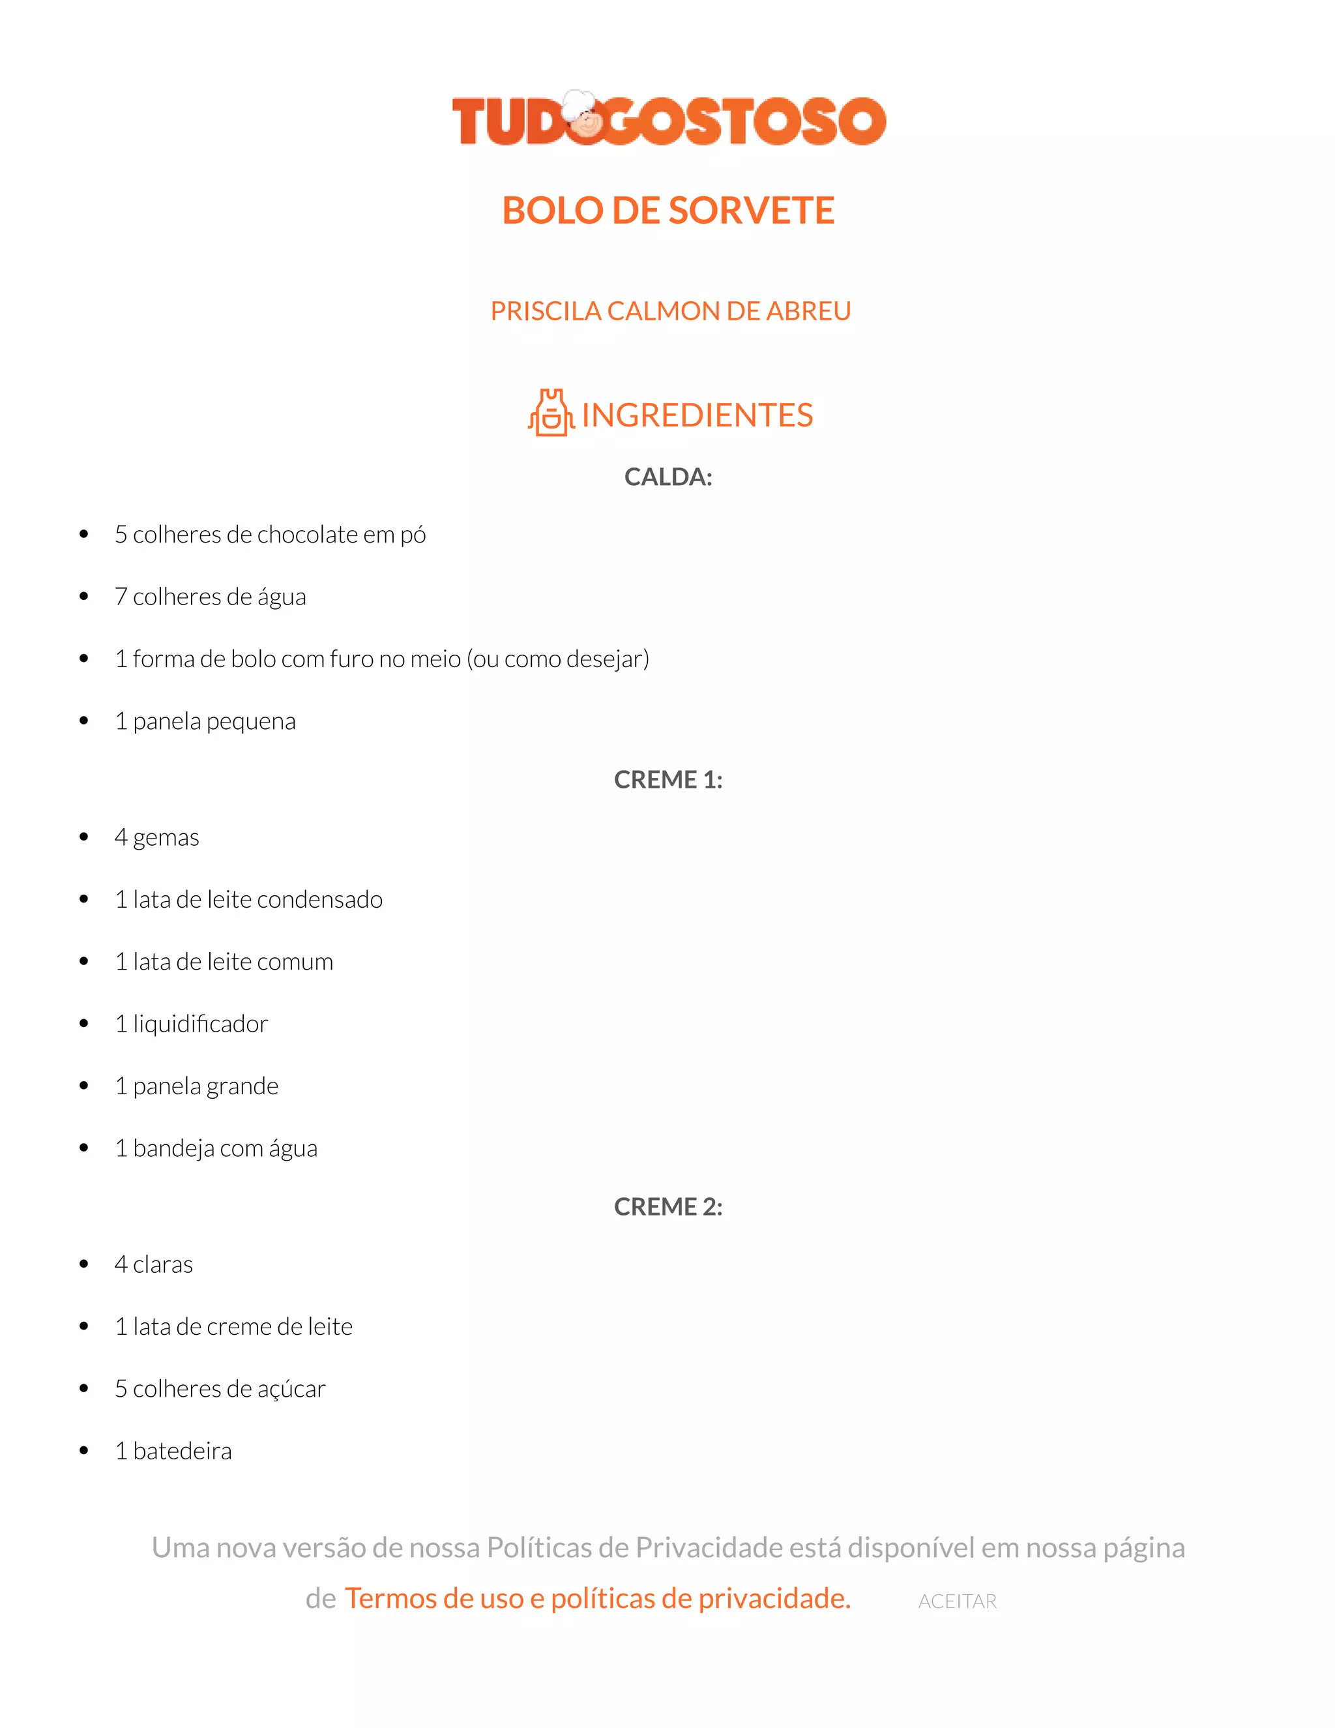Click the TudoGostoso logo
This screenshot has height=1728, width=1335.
coord(668,120)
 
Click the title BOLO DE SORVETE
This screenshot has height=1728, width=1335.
coord(668,211)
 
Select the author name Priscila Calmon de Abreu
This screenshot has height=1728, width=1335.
coord(670,311)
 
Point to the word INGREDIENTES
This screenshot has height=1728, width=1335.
coord(697,415)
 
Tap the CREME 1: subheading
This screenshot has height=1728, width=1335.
coord(668,779)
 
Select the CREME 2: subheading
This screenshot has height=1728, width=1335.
coord(668,1206)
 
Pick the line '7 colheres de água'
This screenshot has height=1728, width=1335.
coord(211,597)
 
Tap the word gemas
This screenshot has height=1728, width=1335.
coord(166,838)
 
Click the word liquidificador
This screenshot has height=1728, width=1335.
coord(200,1024)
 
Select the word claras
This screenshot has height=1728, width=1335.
coord(163,1264)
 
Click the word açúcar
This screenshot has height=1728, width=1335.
coord(291,1388)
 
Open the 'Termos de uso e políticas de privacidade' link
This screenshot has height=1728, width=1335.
coord(598,1598)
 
